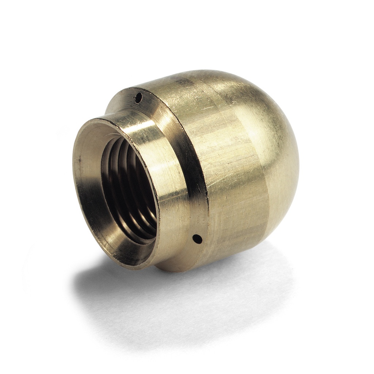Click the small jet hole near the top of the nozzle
coord(138,97)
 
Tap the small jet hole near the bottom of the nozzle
coord(197,239)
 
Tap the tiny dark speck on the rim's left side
coord(77,160)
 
